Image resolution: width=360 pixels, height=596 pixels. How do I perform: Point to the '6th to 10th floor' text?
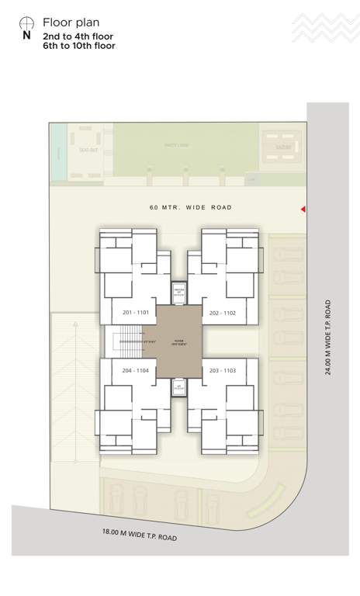[78, 46]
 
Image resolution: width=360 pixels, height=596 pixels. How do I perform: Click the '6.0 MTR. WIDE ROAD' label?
[191, 207]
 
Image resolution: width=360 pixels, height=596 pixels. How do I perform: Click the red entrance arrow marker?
[303, 210]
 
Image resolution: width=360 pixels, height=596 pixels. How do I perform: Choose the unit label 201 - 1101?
[136, 312]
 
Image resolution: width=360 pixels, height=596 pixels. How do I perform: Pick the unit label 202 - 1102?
[223, 312]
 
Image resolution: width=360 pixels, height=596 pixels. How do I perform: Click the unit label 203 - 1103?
[223, 371]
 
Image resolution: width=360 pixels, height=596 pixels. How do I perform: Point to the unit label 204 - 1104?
[136, 371]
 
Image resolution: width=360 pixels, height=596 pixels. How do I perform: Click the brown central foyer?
[179, 341]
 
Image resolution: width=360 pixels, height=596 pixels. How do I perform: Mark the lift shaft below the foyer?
[179, 388]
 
